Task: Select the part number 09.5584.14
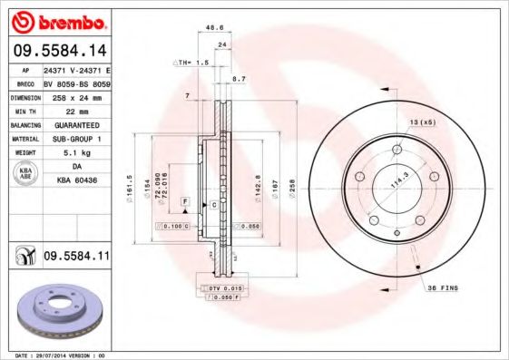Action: coord(58,51)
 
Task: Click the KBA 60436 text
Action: coord(76,180)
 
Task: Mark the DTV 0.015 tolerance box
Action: coord(215,287)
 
